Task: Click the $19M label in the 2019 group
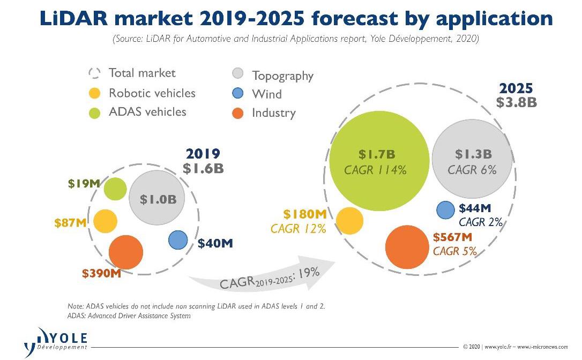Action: click(x=84, y=184)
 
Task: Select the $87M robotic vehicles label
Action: click(x=71, y=222)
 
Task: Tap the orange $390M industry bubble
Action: click(x=126, y=252)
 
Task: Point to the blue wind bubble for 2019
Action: click(x=178, y=240)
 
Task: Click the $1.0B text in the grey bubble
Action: click(x=158, y=200)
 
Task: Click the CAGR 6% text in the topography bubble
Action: click(x=472, y=170)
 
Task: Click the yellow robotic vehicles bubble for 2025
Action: click(x=349, y=221)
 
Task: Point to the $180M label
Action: click(x=305, y=214)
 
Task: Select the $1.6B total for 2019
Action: click(x=203, y=168)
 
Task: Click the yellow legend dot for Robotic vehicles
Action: click(x=94, y=94)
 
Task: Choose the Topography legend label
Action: click(x=282, y=76)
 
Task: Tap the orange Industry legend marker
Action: click(x=238, y=113)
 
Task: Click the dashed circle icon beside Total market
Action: click(x=94, y=73)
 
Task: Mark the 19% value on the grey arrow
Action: click(x=309, y=273)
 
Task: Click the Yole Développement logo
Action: click(x=56, y=340)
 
